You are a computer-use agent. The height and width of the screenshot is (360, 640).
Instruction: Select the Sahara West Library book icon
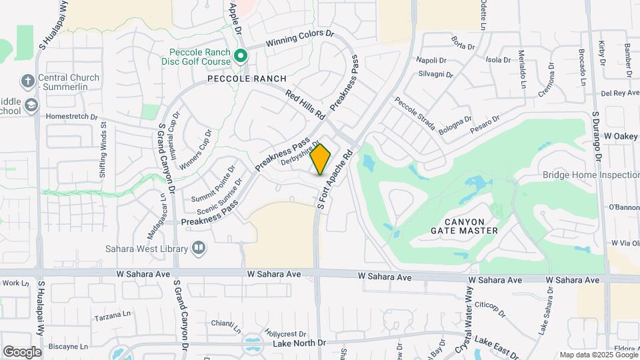[198, 249]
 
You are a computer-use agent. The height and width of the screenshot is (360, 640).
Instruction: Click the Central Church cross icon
[27, 81]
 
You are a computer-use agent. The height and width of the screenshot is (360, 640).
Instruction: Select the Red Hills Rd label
[304, 105]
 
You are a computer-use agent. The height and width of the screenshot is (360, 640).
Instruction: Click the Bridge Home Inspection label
[591, 175]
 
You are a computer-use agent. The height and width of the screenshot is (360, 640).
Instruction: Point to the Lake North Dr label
[299, 343]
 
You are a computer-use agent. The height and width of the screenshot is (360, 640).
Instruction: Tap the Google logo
[22, 351]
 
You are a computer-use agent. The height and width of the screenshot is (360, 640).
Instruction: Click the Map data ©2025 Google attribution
[598, 355]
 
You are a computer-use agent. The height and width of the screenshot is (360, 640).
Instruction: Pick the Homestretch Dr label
[71, 115]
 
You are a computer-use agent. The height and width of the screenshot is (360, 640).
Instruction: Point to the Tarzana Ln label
[110, 315]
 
